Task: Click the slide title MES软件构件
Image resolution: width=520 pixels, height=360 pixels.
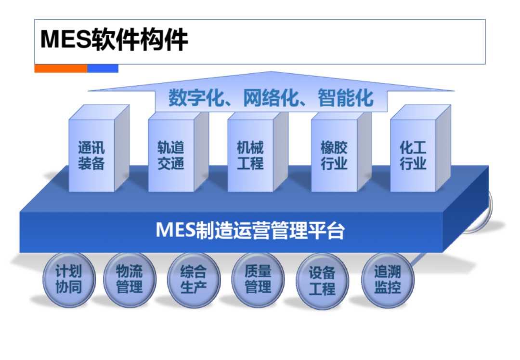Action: pos(114,40)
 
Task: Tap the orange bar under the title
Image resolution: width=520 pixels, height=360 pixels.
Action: pos(61,68)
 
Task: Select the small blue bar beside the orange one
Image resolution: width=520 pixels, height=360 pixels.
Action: pos(103,68)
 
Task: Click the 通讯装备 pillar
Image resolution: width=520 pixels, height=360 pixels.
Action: pos(99,148)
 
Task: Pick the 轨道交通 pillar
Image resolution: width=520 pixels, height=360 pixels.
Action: pos(178,152)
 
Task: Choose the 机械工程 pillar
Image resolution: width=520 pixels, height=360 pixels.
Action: pos(258,152)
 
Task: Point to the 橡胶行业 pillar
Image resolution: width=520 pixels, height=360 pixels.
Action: pos(341,152)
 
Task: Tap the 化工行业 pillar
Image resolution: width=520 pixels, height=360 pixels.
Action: pos(420,148)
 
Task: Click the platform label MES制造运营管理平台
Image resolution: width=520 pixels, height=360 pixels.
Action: pos(250,230)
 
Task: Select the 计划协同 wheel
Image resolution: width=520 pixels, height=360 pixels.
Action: pos(69,280)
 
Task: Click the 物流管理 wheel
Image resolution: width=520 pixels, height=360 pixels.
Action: pos(130,280)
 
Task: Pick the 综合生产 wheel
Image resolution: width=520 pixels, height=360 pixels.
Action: pos(194,280)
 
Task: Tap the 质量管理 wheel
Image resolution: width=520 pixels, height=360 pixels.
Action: pos(258,280)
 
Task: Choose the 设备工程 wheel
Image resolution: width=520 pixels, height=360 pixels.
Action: pos(322,280)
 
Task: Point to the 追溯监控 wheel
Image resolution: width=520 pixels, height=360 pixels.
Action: pos(388,280)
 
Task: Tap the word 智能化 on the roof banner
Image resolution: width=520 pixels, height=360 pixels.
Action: pos(346,98)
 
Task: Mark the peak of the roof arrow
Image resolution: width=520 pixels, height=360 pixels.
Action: pos(271,71)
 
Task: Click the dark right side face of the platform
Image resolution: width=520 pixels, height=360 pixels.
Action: pos(466,209)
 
